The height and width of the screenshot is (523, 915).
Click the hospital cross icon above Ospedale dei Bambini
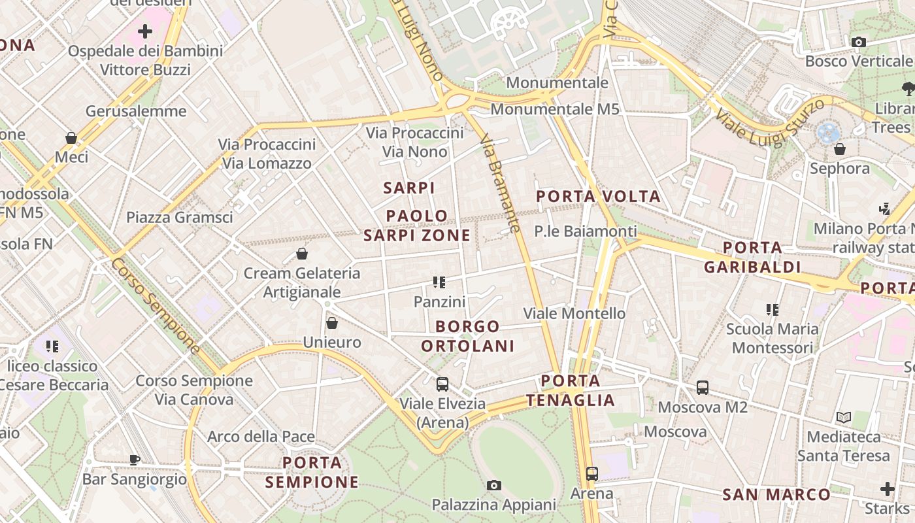[x=145, y=31]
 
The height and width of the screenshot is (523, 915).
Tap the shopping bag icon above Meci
[x=71, y=138]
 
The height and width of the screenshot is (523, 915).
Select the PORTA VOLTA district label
[x=598, y=196]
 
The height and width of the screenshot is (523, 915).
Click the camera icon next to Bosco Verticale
[x=859, y=42]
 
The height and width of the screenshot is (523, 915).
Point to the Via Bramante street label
[x=500, y=184]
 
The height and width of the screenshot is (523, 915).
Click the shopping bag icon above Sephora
[x=840, y=150]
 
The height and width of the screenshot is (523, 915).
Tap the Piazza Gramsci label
[x=179, y=217]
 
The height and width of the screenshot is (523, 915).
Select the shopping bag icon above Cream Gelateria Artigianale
[x=302, y=254]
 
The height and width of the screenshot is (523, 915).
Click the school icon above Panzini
[x=439, y=282]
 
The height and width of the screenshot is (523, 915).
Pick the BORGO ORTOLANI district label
[x=468, y=336]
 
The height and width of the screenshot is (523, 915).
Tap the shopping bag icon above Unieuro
[x=332, y=323]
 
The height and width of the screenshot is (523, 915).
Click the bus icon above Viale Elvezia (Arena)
[x=442, y=384]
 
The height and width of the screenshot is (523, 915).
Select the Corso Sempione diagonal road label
[x=155, y=305]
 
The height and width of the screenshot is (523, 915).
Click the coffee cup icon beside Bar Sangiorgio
[x=135, y=460]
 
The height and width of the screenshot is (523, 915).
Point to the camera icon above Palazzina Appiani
[x=494, y=485]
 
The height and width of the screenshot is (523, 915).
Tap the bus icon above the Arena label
[x=592, y=474]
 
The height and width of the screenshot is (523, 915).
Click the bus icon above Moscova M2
[x=703, y=388]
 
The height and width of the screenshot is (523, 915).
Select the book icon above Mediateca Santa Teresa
[x=844, y=417]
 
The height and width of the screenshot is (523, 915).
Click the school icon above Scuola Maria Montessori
[x=773, y=310]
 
